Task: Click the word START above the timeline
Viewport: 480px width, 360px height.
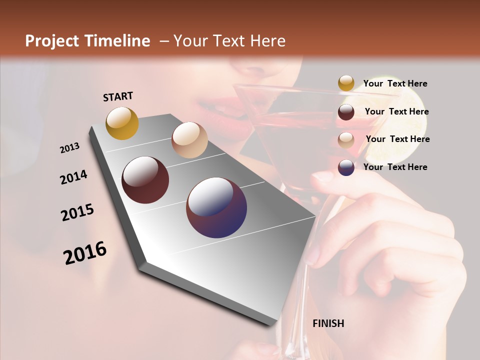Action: pyautogui.click(x=118, y=96)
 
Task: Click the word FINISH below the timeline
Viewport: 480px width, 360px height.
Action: pyautogui.click(x=328, y=323)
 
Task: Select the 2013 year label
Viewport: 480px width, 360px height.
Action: pyautogui.click(x=69, y=148)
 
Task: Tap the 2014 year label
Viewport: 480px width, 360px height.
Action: pyautogui.click(x=73, y=177)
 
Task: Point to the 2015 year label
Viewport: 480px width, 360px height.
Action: pyautogui.click(x=77, y=212)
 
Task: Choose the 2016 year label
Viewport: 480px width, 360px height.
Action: pyautogui.click(x=85, y=253)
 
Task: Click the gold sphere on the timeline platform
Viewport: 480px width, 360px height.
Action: pyautogui.click(x=122, y=123)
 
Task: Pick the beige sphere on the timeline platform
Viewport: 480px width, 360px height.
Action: pyautogui.click(x=189, y=140)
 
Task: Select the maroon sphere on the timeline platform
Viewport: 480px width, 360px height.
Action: pyautogui.click(x=145, y=180)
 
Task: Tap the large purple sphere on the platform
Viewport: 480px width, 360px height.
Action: pyautogui.click(x=216, y=207)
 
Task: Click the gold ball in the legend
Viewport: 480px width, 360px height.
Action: pyautogui.click(x=346, y=83)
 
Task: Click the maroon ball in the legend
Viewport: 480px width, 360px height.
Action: pyautogui.click(x=346, y=112)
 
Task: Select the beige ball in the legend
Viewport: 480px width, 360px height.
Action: pyautogui.click(x=346, y=140)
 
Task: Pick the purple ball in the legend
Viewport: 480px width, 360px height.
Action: pyautogui.click(x=346, y=167)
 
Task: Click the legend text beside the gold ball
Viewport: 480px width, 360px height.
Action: pyautogui.click(x=395, y=83)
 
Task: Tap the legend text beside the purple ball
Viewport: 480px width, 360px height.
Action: pyautogui.click(x=395, y=167)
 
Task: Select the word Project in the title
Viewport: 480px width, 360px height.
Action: pyautogui.click(x=50, y=41)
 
